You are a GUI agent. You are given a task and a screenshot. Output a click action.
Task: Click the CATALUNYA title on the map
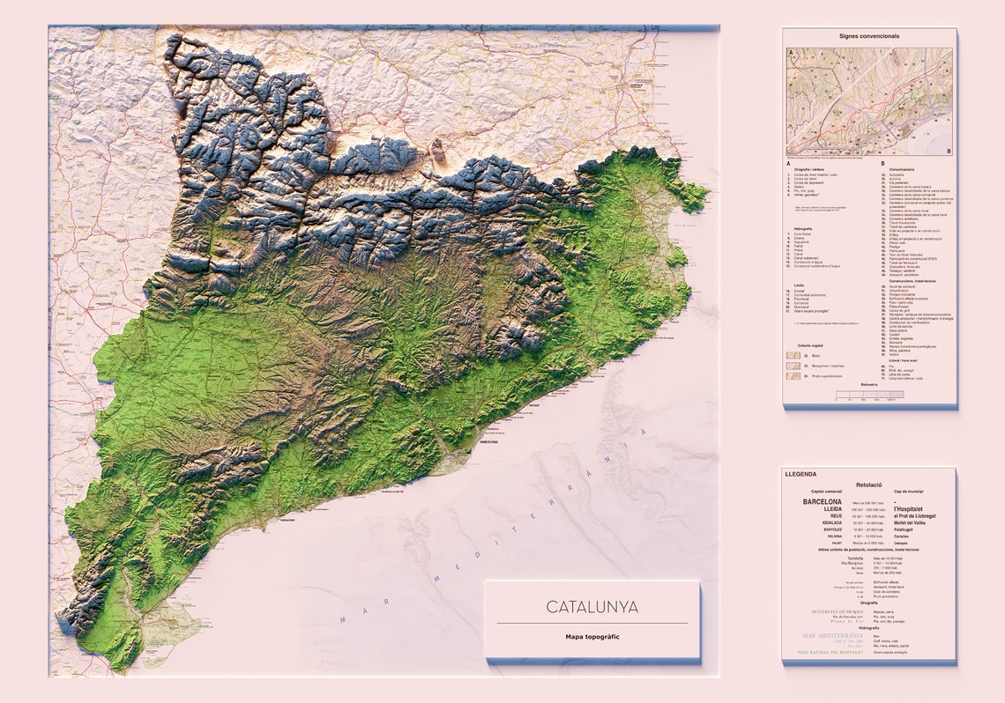[x=592, y=607]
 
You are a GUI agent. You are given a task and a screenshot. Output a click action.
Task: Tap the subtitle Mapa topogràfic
[x=592, y=636]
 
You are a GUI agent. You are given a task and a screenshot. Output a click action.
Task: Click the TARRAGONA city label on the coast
[x=287, y=520]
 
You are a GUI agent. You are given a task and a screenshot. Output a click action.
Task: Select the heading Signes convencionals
[x=869, y=36]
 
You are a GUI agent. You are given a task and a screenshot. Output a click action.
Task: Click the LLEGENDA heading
[x=800, y=474]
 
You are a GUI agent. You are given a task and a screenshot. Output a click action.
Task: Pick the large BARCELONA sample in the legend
[x=822, y=501]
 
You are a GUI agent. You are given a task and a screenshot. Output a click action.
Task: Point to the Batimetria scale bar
[x=868, y=394]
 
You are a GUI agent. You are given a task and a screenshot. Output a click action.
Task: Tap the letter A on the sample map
[x=792, y=53]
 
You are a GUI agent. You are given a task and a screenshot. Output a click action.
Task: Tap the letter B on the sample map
[x=948, y=151]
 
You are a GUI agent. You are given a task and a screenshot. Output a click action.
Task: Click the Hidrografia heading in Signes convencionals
[x=803, y=227]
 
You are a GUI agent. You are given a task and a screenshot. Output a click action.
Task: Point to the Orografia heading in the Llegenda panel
[x=868, y=603]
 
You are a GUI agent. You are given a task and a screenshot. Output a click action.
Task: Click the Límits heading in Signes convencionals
[x=798, y=285]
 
